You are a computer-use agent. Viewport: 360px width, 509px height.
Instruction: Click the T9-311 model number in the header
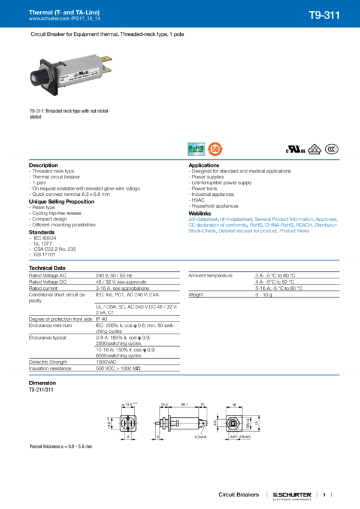coord(325,15)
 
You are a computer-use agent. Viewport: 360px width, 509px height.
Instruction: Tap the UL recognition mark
coord(297,149)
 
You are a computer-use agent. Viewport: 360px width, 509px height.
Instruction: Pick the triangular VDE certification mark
coord(316,150)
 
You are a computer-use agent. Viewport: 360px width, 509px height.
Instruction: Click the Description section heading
coord(44,165)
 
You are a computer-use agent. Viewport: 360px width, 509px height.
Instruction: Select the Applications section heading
coord(204,165)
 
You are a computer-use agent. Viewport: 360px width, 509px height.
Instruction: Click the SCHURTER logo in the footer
coord(292,495)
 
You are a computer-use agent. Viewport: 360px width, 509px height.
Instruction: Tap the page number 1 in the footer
coord(323,495)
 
